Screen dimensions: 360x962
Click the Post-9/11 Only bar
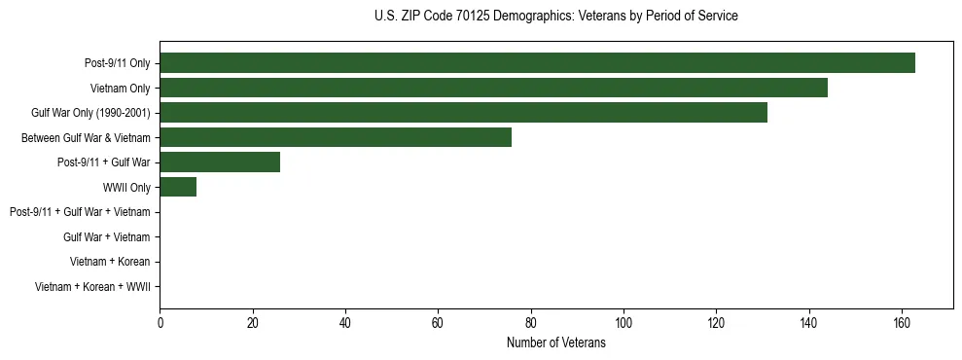[x=537, y=62]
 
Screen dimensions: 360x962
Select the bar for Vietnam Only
[x=493, y=88]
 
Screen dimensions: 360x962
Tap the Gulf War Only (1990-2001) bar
[x=463, y=113]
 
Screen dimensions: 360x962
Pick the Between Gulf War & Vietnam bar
[x=336, y=137]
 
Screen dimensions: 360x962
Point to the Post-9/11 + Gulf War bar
[x=220, y=162]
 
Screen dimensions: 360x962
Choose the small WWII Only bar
[x=178, y=187]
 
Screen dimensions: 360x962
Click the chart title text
[x=555, y=17]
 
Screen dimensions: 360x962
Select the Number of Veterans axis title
[x=555, y=342]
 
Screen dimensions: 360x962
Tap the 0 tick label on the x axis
[x=160, y=323]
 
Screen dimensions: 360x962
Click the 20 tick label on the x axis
[x=253, y=323]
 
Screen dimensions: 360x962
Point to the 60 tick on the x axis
[x=438, y=323]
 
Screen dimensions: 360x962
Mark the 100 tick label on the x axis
[x=624, y=323]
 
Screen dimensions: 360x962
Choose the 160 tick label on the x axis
[x=902, y=323]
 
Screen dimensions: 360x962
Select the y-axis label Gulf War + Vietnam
[x=106, y=237]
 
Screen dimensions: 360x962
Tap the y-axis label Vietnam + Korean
[x=110, y=262]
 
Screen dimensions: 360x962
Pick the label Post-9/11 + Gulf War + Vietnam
[x=80, y=212]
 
